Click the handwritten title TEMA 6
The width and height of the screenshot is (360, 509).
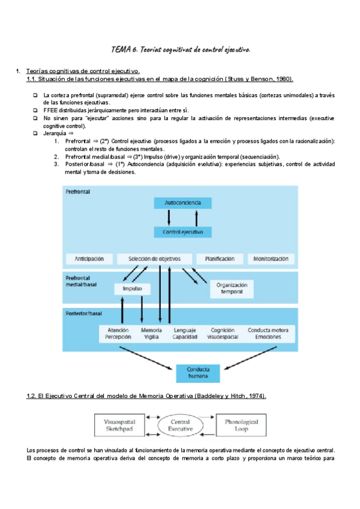pos(181,49)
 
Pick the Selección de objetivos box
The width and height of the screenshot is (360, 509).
pos(155,259)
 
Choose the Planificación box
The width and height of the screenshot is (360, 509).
pos(220,259)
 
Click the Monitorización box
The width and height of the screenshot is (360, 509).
pos(271,259)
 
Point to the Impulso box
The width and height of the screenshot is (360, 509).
pos(131,289)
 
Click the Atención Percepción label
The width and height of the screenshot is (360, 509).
pos(118,334)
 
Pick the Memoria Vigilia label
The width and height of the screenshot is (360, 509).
pos(151,334)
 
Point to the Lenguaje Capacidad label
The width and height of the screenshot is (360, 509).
pos(185,334)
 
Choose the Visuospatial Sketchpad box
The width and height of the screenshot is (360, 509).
pos(120,426)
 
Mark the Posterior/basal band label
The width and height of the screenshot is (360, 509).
pos(84,314)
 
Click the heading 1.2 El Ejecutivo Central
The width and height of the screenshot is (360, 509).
pos(147,396)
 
